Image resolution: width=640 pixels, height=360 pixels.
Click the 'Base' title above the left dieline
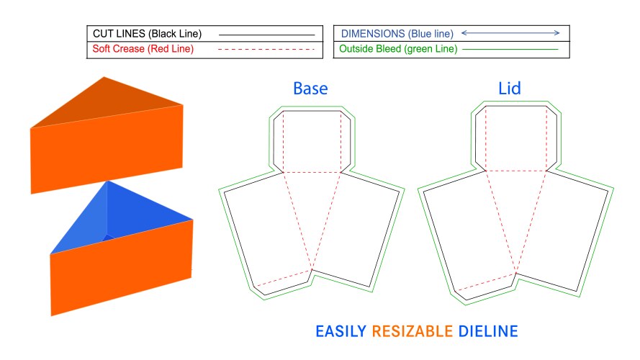(x=310, y=89)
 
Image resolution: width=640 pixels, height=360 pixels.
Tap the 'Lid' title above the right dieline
(x=509, y=89)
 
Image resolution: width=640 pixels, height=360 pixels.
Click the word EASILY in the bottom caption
(x=341, y=332)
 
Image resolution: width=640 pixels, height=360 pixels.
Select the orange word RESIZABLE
(x=412, y=332)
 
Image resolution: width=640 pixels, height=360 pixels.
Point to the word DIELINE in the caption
(x=488, y=332)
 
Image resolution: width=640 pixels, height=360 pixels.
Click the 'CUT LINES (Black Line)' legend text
(x=147, y=34)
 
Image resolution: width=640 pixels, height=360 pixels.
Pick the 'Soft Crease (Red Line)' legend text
(x=143, y=50)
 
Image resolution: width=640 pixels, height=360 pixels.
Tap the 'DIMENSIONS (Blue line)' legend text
(x=397, y=34)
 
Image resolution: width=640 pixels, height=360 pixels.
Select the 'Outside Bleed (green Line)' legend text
(x=396, y=50)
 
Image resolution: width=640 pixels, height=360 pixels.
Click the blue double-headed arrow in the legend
(x=510, y=33)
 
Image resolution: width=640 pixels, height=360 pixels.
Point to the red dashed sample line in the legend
(x=266, y=50)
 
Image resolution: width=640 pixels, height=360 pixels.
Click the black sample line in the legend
(x=266, y=34)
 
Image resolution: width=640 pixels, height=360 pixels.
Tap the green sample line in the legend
(x=511, y=50)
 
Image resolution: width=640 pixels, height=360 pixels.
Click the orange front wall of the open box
(x=122, y=270)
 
